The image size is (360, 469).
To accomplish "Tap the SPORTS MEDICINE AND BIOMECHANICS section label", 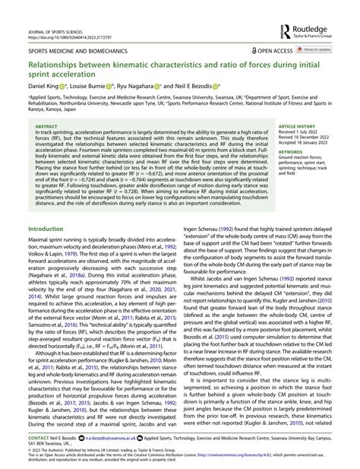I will pos(76,50).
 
